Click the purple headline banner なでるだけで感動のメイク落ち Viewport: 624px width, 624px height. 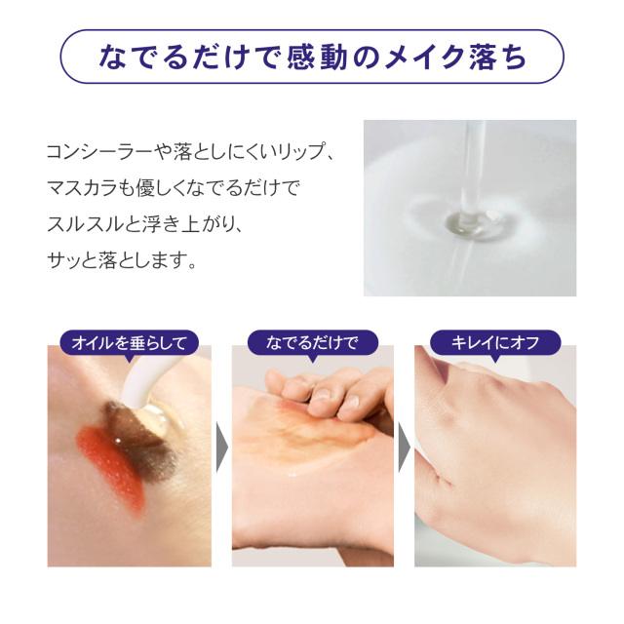point(312,57)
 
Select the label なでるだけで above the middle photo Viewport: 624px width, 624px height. point(312,342)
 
